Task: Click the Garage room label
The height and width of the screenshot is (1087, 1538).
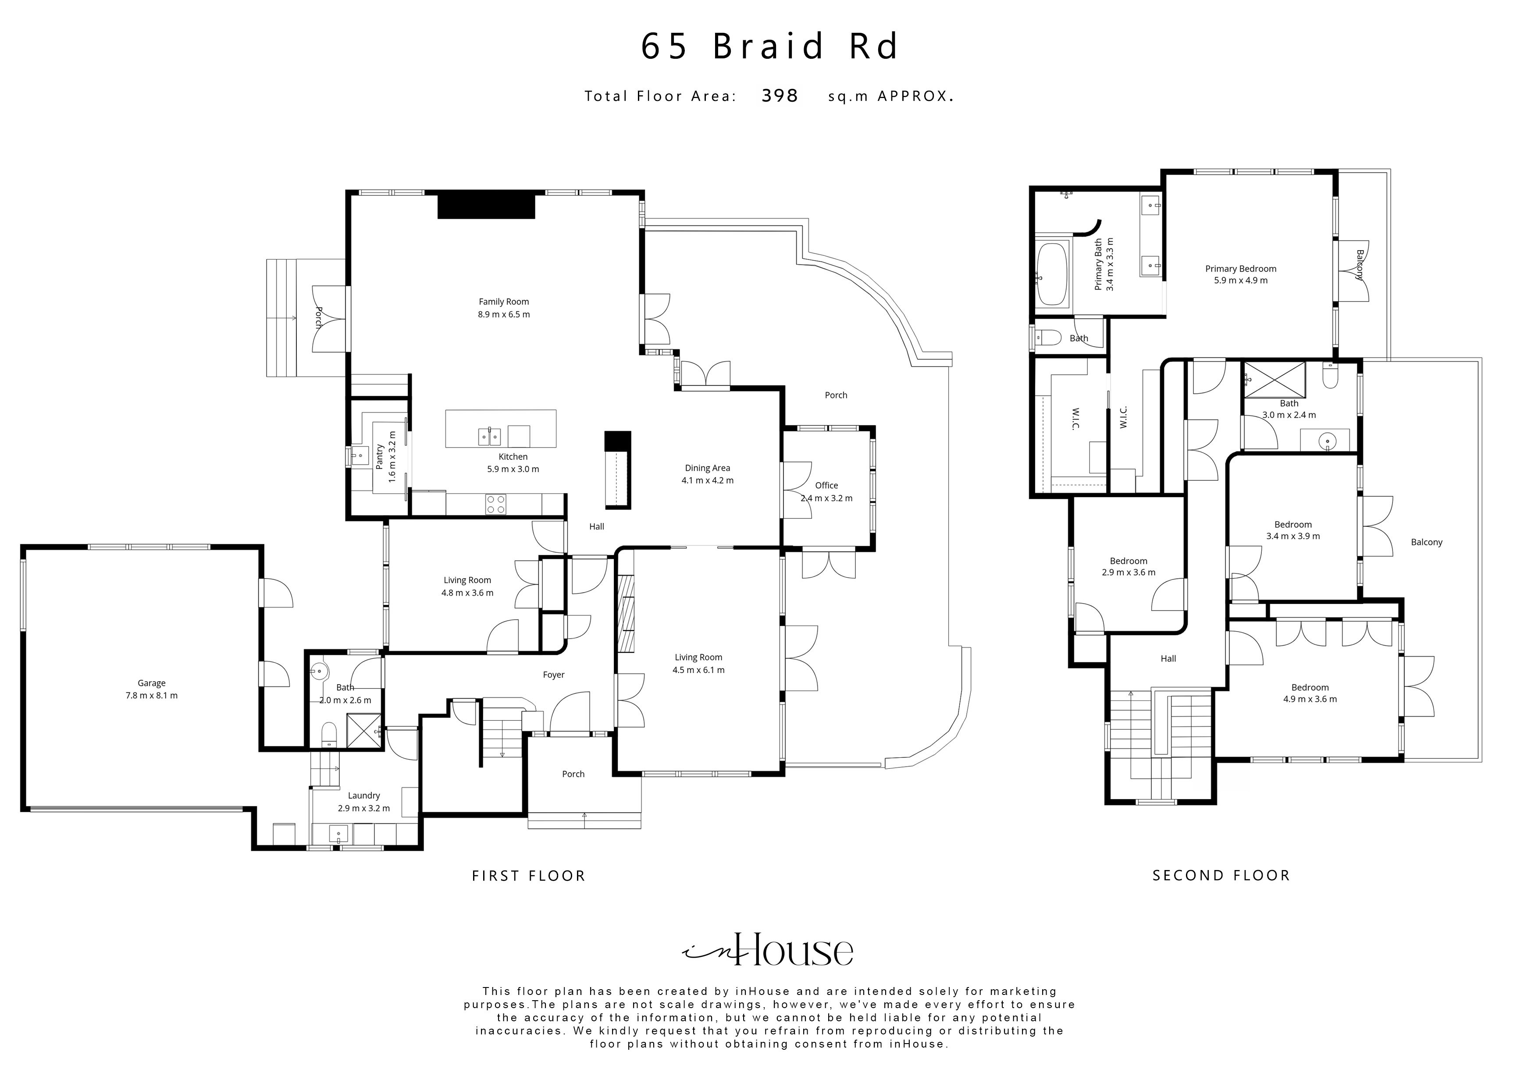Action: click(x=151, y=683)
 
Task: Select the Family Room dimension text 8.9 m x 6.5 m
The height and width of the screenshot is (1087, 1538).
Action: click(x=504, y=314)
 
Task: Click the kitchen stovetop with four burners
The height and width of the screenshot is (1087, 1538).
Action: click(x=496, y=504)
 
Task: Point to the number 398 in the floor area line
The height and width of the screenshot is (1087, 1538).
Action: click(x=780, y=96)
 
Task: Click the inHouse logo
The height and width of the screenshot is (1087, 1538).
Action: click(x=768, y=950)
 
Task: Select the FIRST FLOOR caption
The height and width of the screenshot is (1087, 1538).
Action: click(x=528, y=876)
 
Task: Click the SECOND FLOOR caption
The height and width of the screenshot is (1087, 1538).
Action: click(x=1221, y=875)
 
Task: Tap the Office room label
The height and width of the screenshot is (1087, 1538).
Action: click(x=826, y=486)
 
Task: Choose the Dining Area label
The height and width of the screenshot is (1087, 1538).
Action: click(x=707, y=468)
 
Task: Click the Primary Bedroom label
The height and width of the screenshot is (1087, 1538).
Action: click(x=1241, y=269)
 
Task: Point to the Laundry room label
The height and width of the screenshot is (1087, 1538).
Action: click(x=364, y=796)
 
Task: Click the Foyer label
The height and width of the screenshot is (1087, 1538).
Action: click(x=553, y=675)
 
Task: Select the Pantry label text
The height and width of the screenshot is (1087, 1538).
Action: click(x=380, y=456)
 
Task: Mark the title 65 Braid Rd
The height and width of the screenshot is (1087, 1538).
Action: click(x=769, y=46)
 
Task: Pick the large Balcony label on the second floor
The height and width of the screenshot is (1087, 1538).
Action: click(x=1426, y=543)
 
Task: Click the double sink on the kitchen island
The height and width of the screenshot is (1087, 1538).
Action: click(x=490, y=437)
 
